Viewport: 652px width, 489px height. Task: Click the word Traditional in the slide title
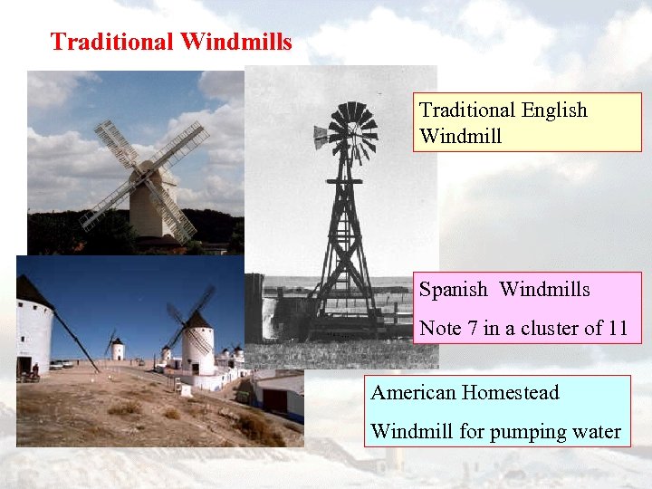tap(112, 42)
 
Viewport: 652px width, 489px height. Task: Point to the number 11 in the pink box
tap(616, 328)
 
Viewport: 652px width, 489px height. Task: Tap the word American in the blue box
tap(413, 393)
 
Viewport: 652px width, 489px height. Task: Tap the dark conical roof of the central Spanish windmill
tap(198, 320)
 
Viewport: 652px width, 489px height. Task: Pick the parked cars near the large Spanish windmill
tap(62, 364)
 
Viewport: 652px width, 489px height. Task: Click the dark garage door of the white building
tap(275, 399)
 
